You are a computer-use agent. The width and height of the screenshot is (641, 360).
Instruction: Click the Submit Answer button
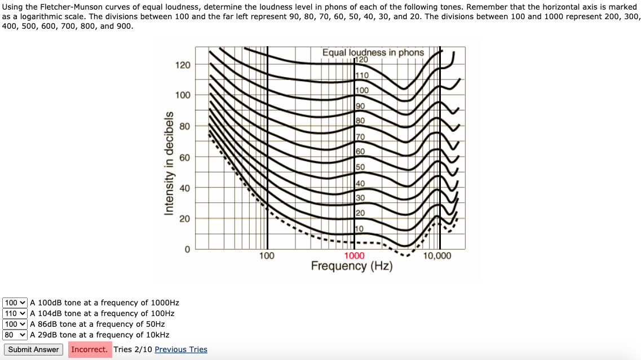(x=33, y=349)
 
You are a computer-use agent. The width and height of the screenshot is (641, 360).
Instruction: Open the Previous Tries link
(x=180, y=349)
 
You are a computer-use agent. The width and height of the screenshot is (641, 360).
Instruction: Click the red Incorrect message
(x=89, y=349)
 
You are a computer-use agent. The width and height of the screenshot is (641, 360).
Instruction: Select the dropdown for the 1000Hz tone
(x=15, y=303)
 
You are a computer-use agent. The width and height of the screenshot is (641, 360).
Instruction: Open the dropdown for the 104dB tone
(x=15, y=313)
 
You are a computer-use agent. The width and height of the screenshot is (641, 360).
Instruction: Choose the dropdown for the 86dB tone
(x=15, y=324)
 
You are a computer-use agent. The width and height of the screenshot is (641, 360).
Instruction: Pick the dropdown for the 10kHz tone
(x=15, y=335)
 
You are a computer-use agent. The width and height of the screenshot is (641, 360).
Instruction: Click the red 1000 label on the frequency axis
(x=354, y=256)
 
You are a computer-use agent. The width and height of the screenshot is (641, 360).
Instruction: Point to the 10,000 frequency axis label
(x=437, y=256)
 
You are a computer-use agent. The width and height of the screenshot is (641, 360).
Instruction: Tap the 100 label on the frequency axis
(x=267, y=256)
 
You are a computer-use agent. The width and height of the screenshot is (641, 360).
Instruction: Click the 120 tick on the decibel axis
(x=183, y=65)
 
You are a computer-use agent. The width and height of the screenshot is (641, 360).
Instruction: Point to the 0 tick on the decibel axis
(x=187, y=249)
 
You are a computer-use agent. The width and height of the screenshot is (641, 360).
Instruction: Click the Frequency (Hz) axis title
(x=351, y=266)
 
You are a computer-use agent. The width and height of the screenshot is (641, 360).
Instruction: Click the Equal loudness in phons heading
(x=373, y=52)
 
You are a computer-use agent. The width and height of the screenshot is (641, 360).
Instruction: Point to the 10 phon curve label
(x=360, y=228)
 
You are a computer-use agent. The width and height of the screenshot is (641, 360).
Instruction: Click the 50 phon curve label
(x=360, y=167)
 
